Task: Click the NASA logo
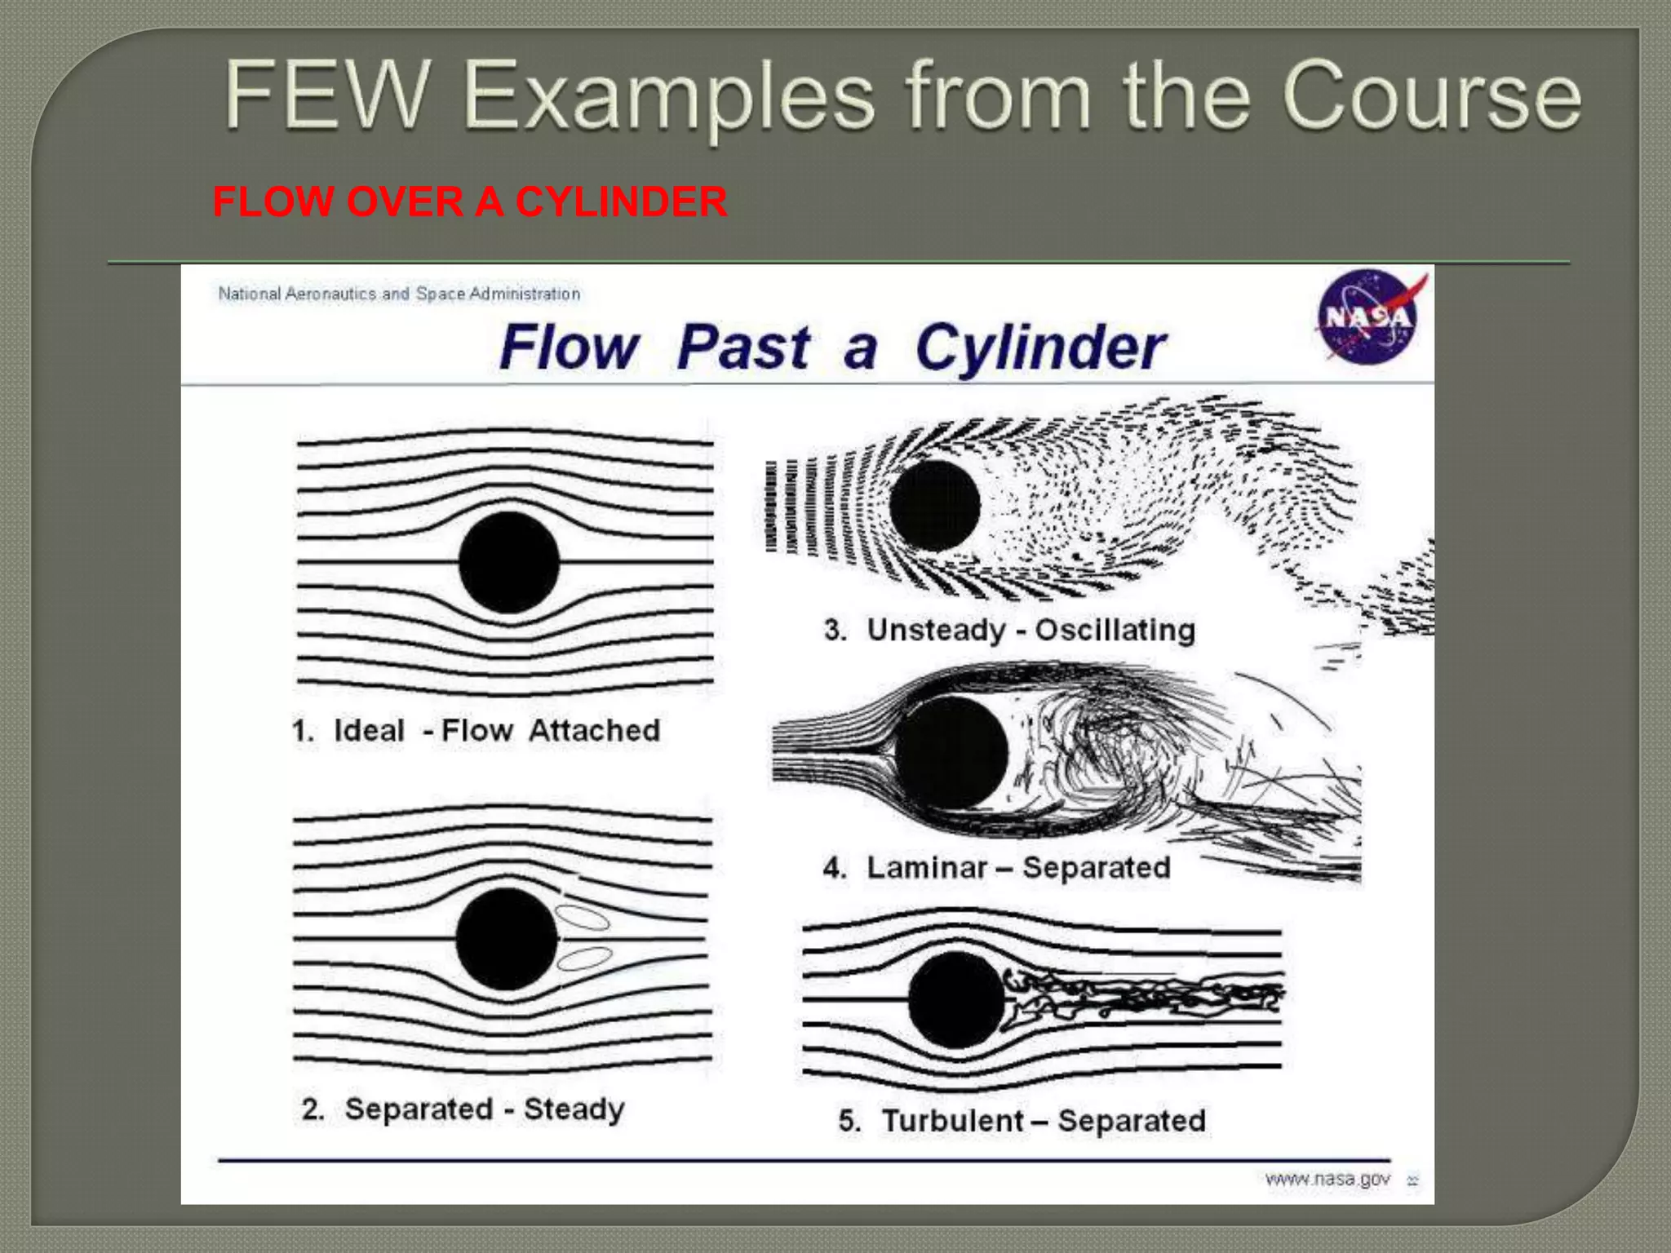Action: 1368,317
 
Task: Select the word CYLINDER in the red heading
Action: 621,201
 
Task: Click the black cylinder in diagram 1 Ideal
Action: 509,563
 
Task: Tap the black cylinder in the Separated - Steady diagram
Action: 507,939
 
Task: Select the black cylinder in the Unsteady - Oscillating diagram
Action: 934,505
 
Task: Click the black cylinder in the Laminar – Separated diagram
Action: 951,752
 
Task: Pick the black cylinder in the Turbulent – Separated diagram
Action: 955,999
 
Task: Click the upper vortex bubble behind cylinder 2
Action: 583,918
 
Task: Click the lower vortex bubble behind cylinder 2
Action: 584,959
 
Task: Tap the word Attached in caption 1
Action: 594,730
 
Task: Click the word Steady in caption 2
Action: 574,1109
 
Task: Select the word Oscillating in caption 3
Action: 1115,630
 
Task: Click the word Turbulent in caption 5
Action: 952,1121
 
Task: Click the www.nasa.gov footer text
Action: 1327,1179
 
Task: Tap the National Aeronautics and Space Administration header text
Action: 399,294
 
